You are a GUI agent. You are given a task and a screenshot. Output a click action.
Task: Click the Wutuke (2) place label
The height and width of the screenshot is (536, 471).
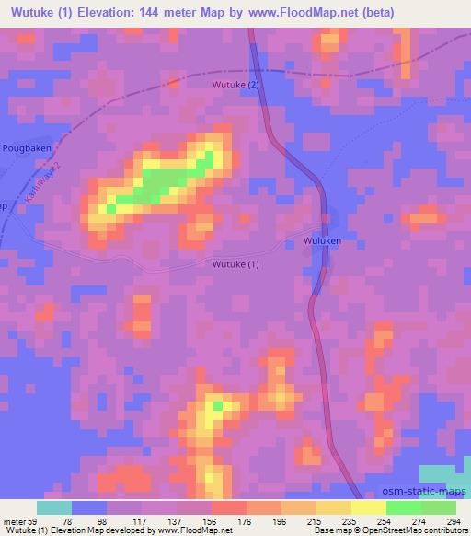coord(236,86)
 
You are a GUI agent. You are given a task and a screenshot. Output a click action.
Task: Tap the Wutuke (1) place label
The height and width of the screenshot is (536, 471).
coord(235,265)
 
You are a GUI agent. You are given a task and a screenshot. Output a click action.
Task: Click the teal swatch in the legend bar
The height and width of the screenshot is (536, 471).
coord(54,507)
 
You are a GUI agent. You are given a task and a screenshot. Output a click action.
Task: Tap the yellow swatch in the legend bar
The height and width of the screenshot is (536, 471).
coord(368,507)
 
